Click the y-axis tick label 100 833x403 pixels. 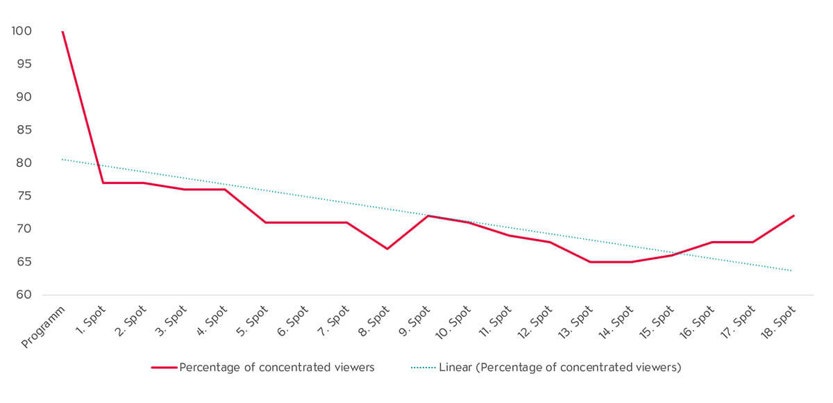[x=22, y=31]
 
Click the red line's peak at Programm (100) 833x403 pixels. [x=62, y=31]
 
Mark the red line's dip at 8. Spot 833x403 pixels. [x=387, y=249]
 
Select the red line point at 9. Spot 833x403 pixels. [x=428, y=215]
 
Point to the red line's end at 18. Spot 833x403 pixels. [x=793, y=215]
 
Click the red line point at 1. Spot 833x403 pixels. [x=103, y=183]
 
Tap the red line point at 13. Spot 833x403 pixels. [x=590, y=262]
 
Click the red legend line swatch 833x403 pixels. [x=164, y=368]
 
